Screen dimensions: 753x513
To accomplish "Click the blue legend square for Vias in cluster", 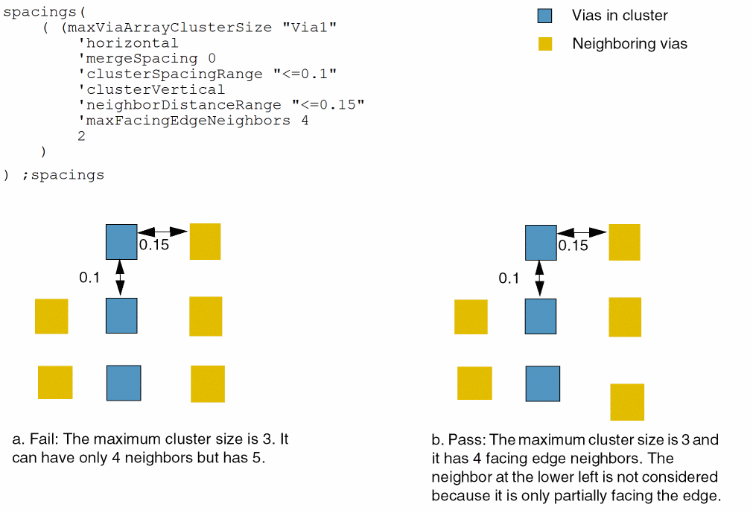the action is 544,16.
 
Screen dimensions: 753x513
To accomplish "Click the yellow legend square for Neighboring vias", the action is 545,44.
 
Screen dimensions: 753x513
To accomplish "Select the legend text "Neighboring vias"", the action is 629,44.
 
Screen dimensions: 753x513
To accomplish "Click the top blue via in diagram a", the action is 121,242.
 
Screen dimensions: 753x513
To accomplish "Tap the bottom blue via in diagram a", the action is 124,383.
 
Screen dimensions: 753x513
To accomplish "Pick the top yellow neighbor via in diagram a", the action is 205,241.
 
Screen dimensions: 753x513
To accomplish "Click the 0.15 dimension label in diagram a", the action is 154,245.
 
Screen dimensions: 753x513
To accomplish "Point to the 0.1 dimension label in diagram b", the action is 509,278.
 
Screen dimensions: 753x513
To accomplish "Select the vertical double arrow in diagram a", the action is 120,278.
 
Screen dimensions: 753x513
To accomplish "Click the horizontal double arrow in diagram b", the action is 582,233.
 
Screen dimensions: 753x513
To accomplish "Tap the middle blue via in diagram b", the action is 541,316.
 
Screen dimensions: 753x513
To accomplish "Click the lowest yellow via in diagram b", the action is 627,402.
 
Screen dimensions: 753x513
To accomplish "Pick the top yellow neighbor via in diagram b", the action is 624,242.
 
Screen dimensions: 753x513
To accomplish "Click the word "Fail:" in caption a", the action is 45,439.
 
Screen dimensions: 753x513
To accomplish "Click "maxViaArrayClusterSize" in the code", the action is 170,28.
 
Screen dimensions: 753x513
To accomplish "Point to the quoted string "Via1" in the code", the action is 309,28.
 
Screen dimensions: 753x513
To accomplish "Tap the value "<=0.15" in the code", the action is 328,105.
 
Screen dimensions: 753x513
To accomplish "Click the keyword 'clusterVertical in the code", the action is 151,89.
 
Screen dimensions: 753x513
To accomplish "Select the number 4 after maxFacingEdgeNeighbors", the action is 305,121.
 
